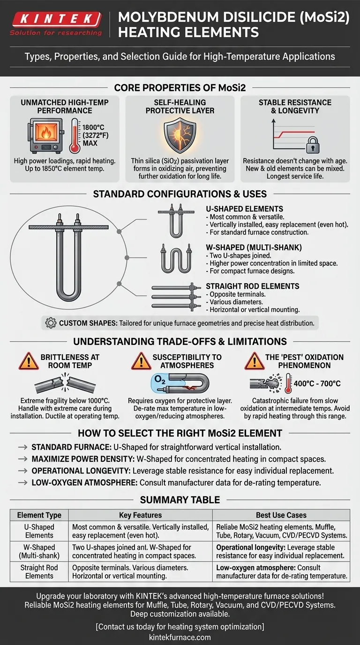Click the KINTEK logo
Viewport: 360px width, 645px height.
[x=56, y=23]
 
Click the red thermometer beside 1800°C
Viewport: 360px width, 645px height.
[x=75, y=135]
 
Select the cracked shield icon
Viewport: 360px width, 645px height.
[x=180, y=135]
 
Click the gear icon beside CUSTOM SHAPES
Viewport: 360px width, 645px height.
[x=51, y=323]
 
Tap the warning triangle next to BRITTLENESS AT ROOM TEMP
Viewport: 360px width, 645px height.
[x=29, y=361]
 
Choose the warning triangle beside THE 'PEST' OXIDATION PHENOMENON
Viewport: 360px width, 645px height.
[x=255, y=361]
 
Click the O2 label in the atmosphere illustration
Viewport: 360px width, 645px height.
[x=160, y=380]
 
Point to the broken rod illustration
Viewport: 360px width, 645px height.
[x=65, y=383]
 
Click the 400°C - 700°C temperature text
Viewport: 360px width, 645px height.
[x=317, y=383]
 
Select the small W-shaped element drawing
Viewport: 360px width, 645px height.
[x=176, y=258]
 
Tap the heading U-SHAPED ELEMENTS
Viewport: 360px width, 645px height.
[x=245, y=209]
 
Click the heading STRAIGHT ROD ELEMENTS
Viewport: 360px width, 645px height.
[x=253, y=286]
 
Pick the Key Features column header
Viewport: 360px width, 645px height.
[x=141, y=515]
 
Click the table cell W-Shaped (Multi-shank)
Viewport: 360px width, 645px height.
[x=39, y=551]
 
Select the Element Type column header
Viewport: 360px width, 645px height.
[x=39, y=515]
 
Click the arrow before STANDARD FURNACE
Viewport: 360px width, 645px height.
[x=23, y=447]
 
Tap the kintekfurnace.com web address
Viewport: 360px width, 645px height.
[x=180, y=637]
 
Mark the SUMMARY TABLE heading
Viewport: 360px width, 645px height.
[x=180, y=500]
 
